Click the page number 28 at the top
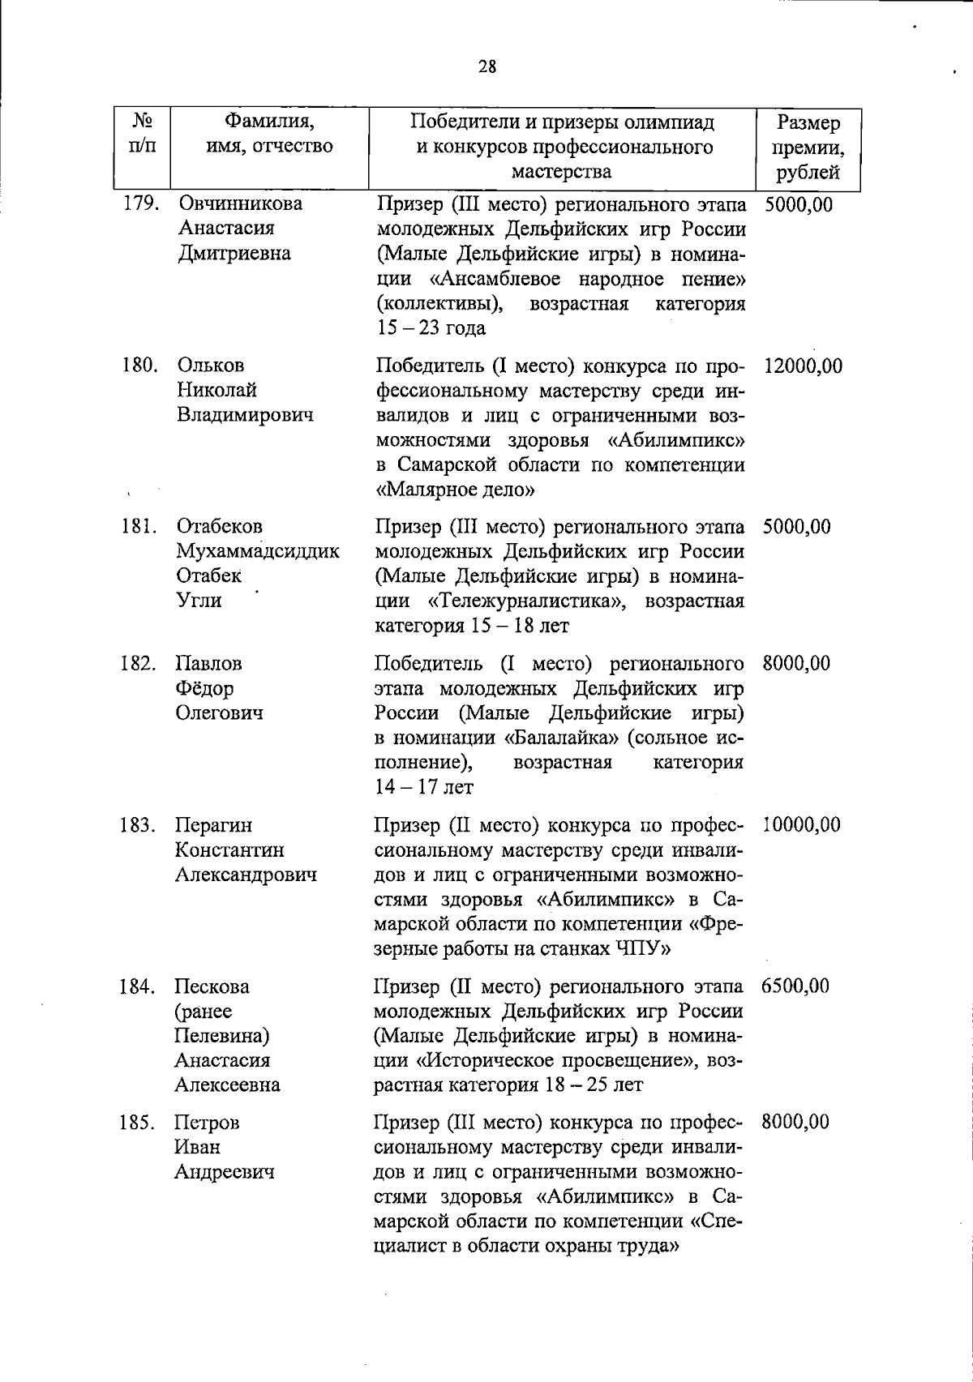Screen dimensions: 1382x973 pos(486,67)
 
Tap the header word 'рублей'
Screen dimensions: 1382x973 pos(808,172)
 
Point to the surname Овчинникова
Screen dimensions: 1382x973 pos(240,203)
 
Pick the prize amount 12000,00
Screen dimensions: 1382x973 pos(803,366)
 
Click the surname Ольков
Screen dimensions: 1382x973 pos(210,366)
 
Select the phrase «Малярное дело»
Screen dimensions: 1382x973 pos(456,490)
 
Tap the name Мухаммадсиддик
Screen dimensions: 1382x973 pos(258,552)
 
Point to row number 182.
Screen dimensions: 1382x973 pos(138,664)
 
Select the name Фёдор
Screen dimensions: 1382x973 pos(204,689)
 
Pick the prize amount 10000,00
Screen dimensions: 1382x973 pos(801,825)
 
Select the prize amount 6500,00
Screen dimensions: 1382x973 pos(795,986)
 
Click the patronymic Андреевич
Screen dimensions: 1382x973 pos(224,1172)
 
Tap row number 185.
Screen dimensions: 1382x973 pos(138,1123)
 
